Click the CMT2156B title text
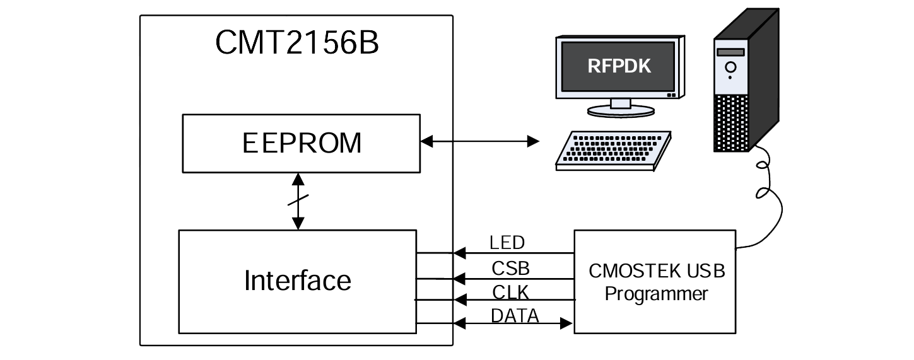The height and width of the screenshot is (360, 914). (296, 43)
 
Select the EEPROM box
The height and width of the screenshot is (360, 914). (301, 143)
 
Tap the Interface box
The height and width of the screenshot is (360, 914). (297, 281)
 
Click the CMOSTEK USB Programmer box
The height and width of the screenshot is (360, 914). (654, 282)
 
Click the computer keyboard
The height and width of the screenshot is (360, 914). (612, 150)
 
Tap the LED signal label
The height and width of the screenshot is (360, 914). (507, 242)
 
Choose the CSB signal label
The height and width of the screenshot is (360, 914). (510, 268)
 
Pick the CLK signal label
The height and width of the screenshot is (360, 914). (510, 292)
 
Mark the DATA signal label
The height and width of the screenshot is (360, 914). (514, 315)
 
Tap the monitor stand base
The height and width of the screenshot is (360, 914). (618, 111)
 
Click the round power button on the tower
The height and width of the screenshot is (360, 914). (730, 66)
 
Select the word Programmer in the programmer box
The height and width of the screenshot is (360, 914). (656, 294)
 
